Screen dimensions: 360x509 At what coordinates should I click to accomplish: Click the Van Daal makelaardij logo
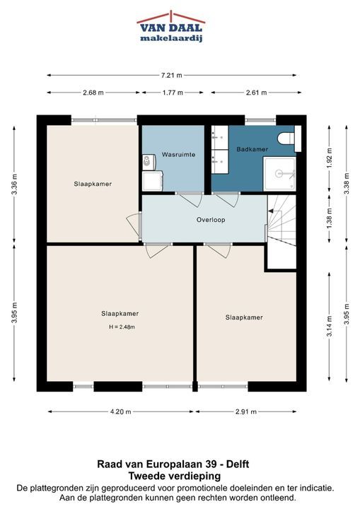[x=171, y=27]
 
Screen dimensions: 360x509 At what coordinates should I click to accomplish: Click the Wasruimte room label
[x=178, y=155]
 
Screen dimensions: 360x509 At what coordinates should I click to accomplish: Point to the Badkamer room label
[x=252, y=149]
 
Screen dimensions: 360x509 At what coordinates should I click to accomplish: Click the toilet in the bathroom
[x=286, y=139]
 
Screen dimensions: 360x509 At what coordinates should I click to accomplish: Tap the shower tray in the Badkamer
[x=279, y=174]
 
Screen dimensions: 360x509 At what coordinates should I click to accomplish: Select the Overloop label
[x=211, y=220]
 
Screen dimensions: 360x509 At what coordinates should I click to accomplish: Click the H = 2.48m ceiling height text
[x=122, y=327]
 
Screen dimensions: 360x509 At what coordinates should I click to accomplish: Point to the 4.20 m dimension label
[x=120, y=411]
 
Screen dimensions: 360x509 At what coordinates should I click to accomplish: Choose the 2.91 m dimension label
[x=246, y=411]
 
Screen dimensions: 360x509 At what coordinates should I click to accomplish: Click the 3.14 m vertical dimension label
[x=330, y=327]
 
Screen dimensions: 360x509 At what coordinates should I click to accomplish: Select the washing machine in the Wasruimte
[x=153, y=181]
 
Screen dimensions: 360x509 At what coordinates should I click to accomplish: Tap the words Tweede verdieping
[x=175, y=476]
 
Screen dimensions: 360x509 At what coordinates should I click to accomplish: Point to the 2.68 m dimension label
[x=93, y=93]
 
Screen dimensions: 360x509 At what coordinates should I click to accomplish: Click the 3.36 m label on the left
[x=14, y=184]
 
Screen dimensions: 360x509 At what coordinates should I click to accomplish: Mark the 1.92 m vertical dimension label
[x=330, y=158]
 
